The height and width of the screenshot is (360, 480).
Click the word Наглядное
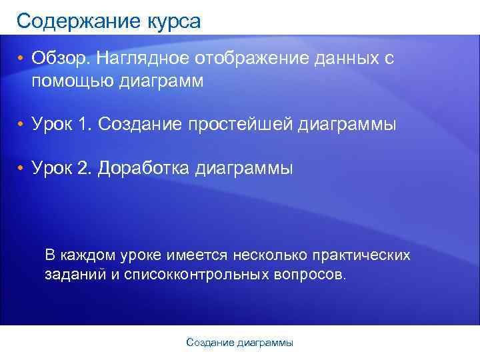pyautogui.click(x=142, y=59)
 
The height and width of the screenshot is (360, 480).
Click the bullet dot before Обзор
pyautogui.click(x=21, y=59)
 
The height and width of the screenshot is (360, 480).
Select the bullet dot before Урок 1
pyautogui.click(x=21, y=125)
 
